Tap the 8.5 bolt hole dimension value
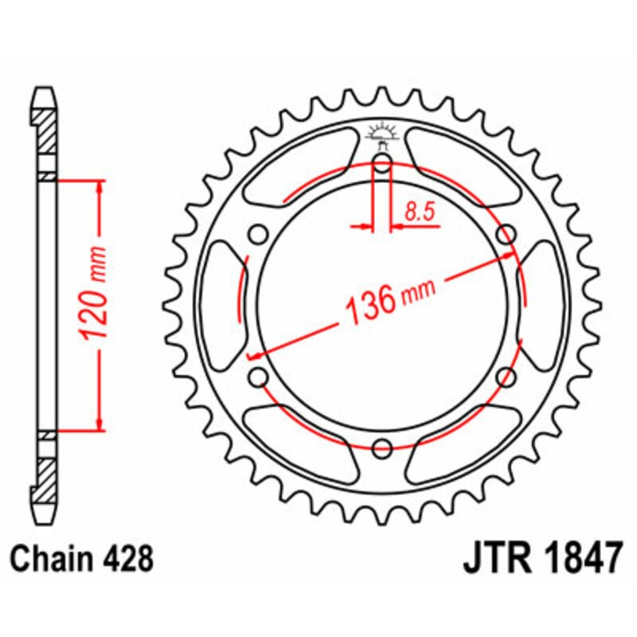coord(419,213)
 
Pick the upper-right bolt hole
coord(504,235)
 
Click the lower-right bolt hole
coord(504,378)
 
